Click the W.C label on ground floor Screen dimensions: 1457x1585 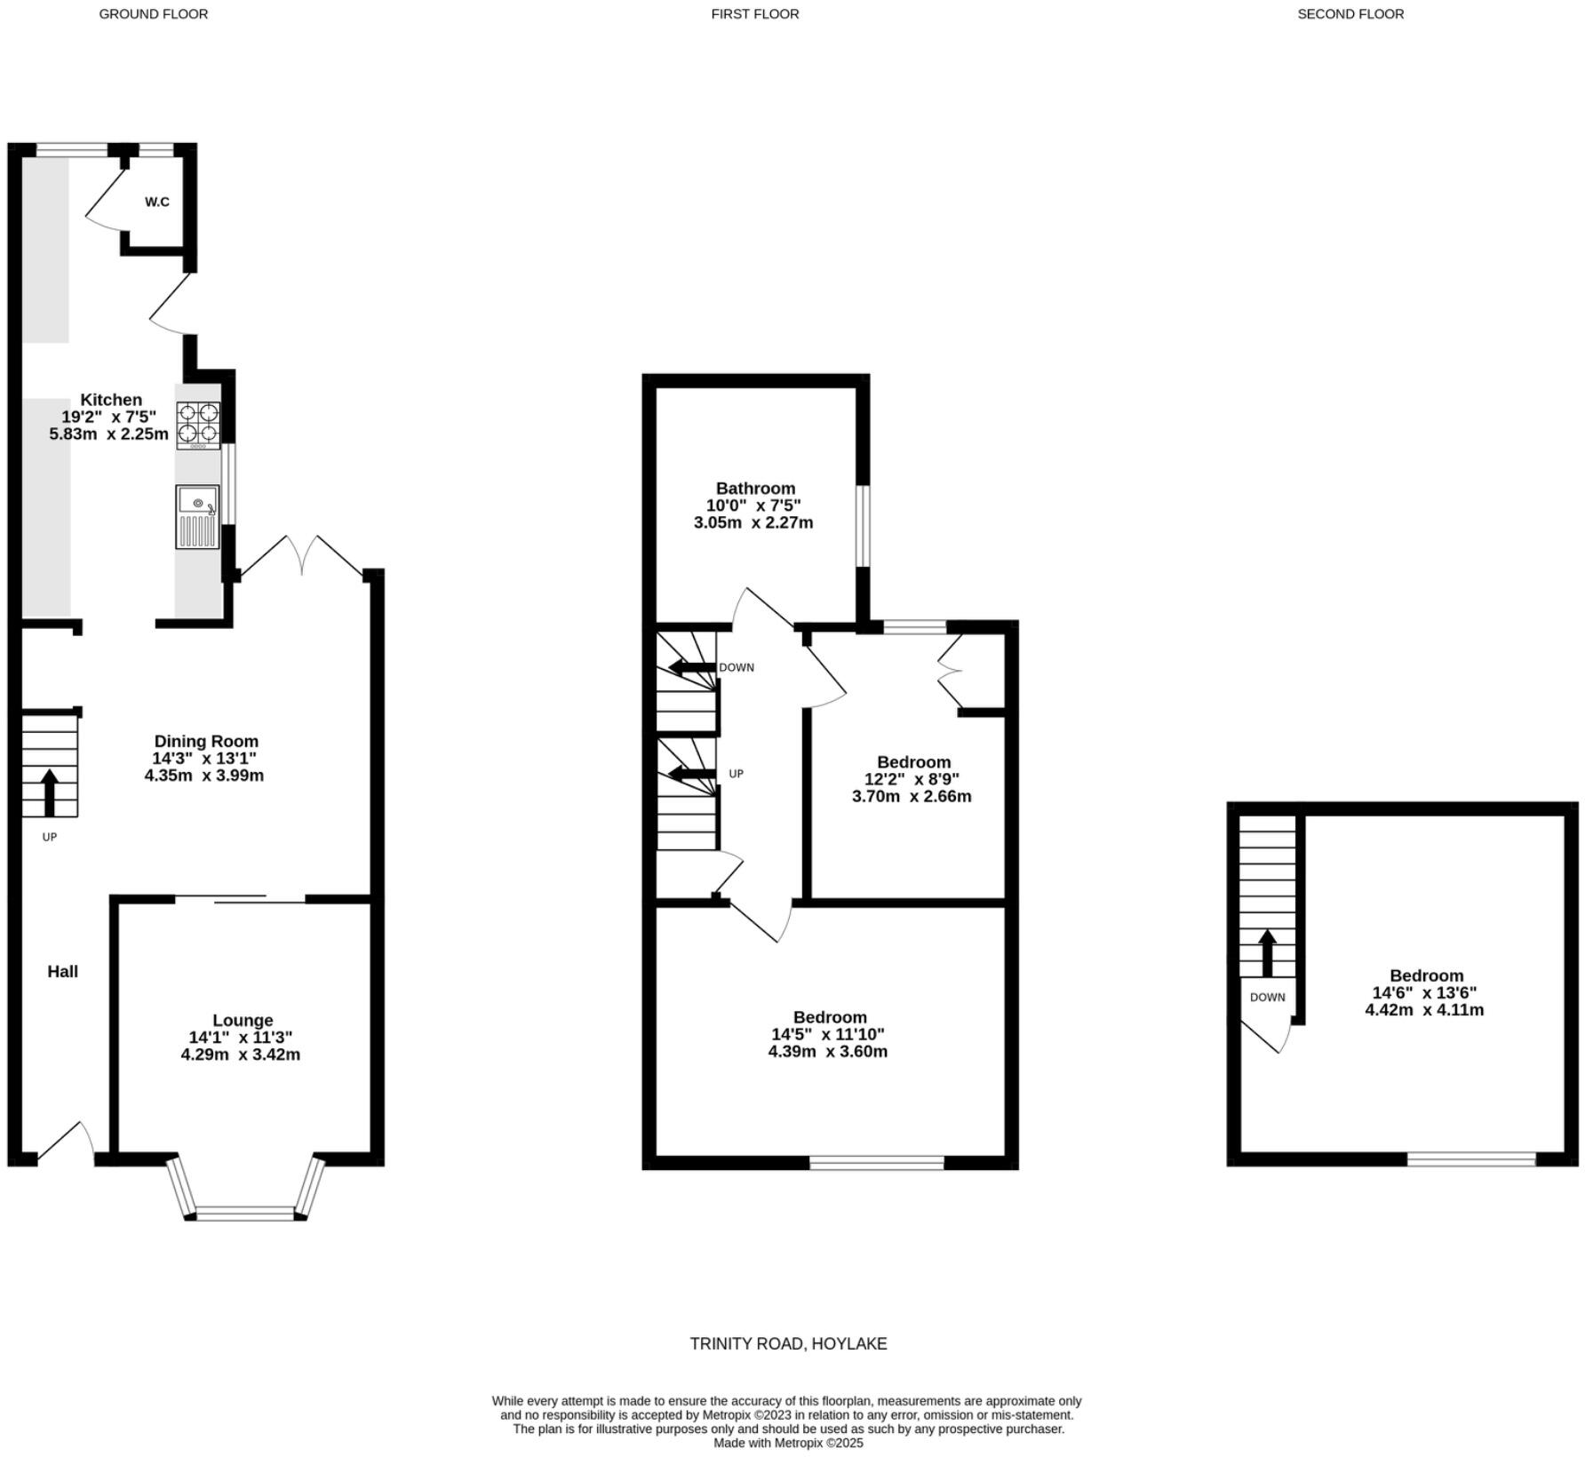(157, 202)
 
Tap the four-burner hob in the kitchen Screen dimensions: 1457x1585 (197, 424)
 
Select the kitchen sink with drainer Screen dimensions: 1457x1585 (196, 516)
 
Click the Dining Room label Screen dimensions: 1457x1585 (206, 741)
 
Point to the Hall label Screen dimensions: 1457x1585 (62, 971)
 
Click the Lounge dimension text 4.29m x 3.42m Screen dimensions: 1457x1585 (240, 1055)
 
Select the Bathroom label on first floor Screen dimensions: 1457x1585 (755, 488)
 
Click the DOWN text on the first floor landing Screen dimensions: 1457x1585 (736, 667)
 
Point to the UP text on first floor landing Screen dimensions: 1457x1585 (736, 774)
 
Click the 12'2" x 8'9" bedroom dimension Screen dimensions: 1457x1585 (912, 779)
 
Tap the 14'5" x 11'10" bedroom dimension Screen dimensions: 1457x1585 (827, 1034)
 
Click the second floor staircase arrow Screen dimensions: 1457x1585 (1267, 952)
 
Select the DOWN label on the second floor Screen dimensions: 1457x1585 (1267, 997)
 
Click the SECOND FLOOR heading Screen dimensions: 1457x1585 (1350, 14)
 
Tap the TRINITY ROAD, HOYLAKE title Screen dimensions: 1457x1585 (788, 1343)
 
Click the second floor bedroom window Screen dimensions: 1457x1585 (1471, 1158)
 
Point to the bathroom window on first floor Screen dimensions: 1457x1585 (863, 525)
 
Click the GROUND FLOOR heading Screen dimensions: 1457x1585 (153, 14)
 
